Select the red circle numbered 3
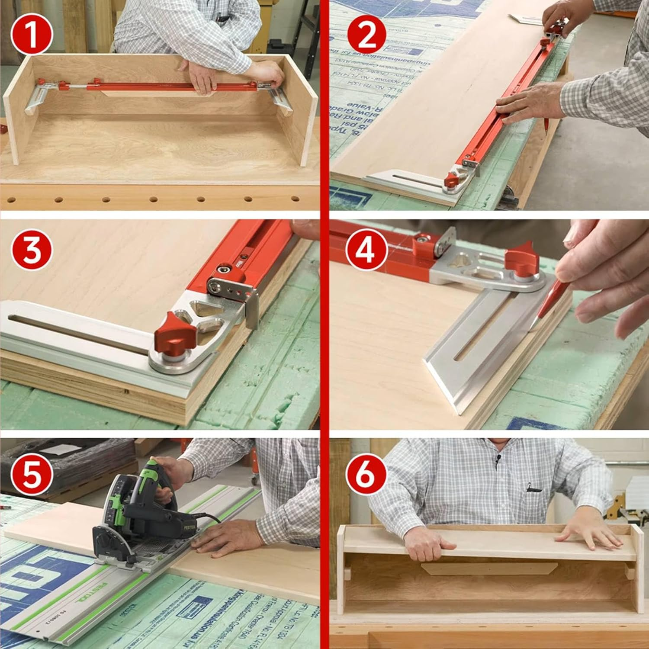pyautogui.click(x=31, y=250)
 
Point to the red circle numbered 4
pyautogui.click(x=366, y=250)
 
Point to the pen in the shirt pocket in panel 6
pyautogui.click(x=533, y=489)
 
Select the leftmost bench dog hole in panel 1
pyautogui.click(x=12, y=200)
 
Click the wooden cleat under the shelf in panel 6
pyautogui.click(x=489, y=569)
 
